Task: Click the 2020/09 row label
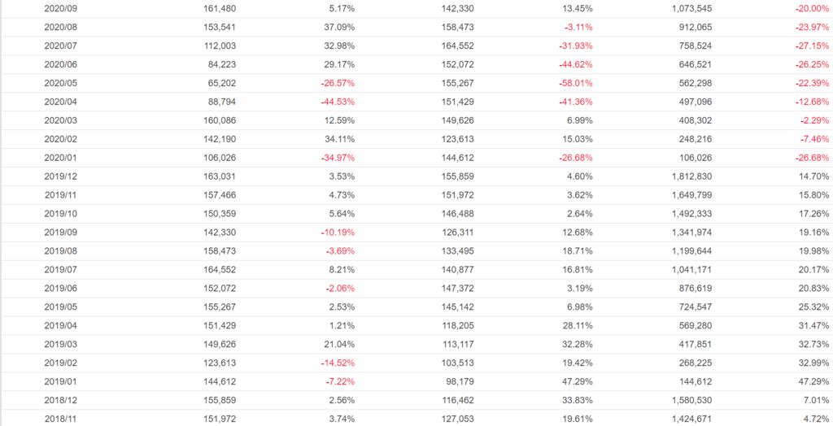pos(60,8)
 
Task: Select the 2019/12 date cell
pos(60,176)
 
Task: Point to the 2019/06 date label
pos(60,289)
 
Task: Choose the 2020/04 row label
pos(60,102)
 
